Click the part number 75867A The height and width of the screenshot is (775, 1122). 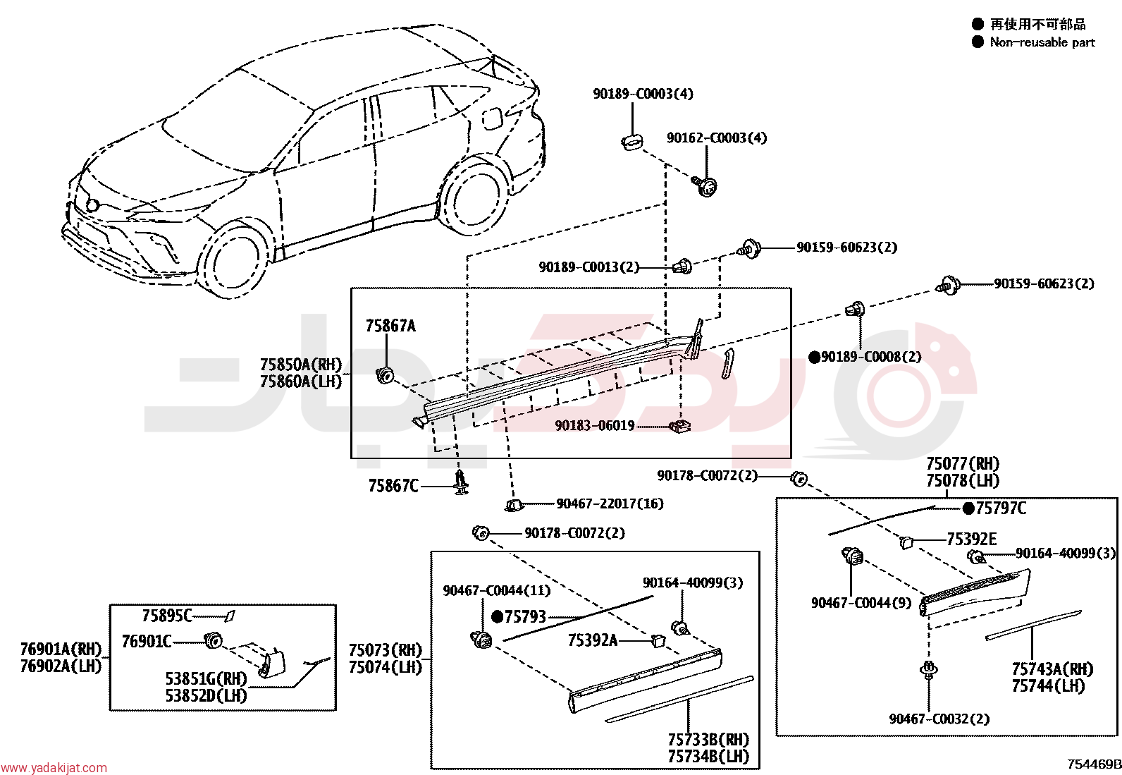pyautogui.click(x=390, y=326)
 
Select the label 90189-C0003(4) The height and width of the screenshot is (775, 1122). pyautogui.click(x=643, y=94)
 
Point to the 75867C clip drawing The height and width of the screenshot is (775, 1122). pyautogui.click(x=461, y=483)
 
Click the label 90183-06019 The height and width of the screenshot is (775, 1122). pyautogui.click(x=595, y=426)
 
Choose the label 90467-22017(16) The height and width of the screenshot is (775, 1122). pyautogui.click(x=610, y=504)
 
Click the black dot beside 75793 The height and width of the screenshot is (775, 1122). pyautogui.click(x=498, y=616)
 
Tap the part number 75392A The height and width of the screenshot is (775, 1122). pyautogui.click(x=593, y=640)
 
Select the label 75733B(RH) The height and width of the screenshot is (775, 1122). pyautogui.click(x=709, y=740)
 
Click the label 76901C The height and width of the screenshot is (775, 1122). pyautogui.click(x=147, y=641)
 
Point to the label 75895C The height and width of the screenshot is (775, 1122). pyautogui.click(x=167, y=616)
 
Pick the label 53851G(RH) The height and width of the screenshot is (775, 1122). pyautogui.click(x=206, y=679)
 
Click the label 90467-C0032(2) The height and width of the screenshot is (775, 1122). pyautogui.click(x=939, y=719)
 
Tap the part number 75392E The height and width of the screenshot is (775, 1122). pyautogui.click(x=972, y=539)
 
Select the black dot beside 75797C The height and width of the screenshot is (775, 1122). pyautogui.click(x=969, y=509)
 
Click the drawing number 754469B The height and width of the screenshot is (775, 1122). pyautogui.click(x=1095, y=764)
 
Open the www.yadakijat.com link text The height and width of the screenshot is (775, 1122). pyautogui.click(x=54, y=767)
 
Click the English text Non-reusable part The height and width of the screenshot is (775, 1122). pyautogui.click(x=1042, y=42)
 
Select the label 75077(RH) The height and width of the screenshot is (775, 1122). pyautogui.click(x=963, y=463)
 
